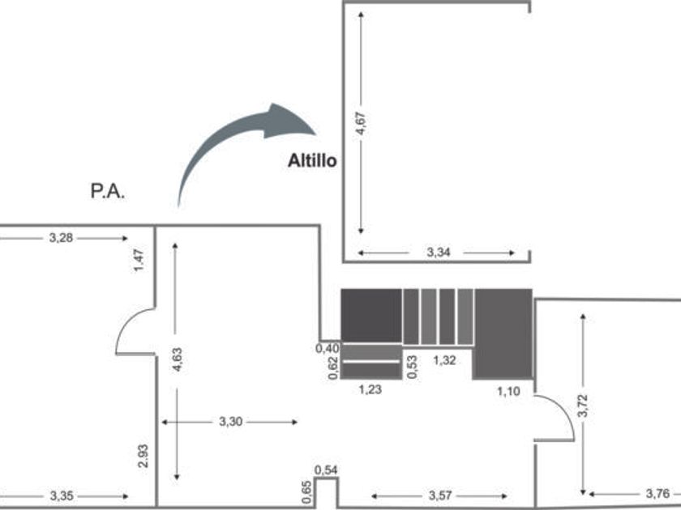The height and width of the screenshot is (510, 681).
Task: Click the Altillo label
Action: [312, 161]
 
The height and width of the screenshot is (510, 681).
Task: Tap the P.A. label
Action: [108, 191]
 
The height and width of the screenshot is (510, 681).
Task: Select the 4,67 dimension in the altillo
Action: [361, 124]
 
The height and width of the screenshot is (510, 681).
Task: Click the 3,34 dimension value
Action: [439, 253]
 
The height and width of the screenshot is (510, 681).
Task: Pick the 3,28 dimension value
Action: [62, 238]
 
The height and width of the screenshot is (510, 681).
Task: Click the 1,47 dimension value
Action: [139, 260]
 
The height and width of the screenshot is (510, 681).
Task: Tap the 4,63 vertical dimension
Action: [178, 359]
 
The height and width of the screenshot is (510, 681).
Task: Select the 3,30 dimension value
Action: [230, 422]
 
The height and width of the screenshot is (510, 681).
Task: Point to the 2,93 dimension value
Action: [143, 456]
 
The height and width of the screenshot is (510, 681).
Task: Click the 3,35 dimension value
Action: [62, 495]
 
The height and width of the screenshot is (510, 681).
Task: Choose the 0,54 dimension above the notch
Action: [326, 470]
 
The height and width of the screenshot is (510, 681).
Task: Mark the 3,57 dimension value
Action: [440, 495]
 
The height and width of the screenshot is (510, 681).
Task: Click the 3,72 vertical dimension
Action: [583, 406]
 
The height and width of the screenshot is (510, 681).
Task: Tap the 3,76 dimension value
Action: [657, 494]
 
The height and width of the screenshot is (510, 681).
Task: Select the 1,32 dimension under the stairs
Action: [445, 360]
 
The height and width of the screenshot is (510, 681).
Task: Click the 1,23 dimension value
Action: [370, 389]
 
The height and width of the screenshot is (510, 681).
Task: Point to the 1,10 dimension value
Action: [508, 392]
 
